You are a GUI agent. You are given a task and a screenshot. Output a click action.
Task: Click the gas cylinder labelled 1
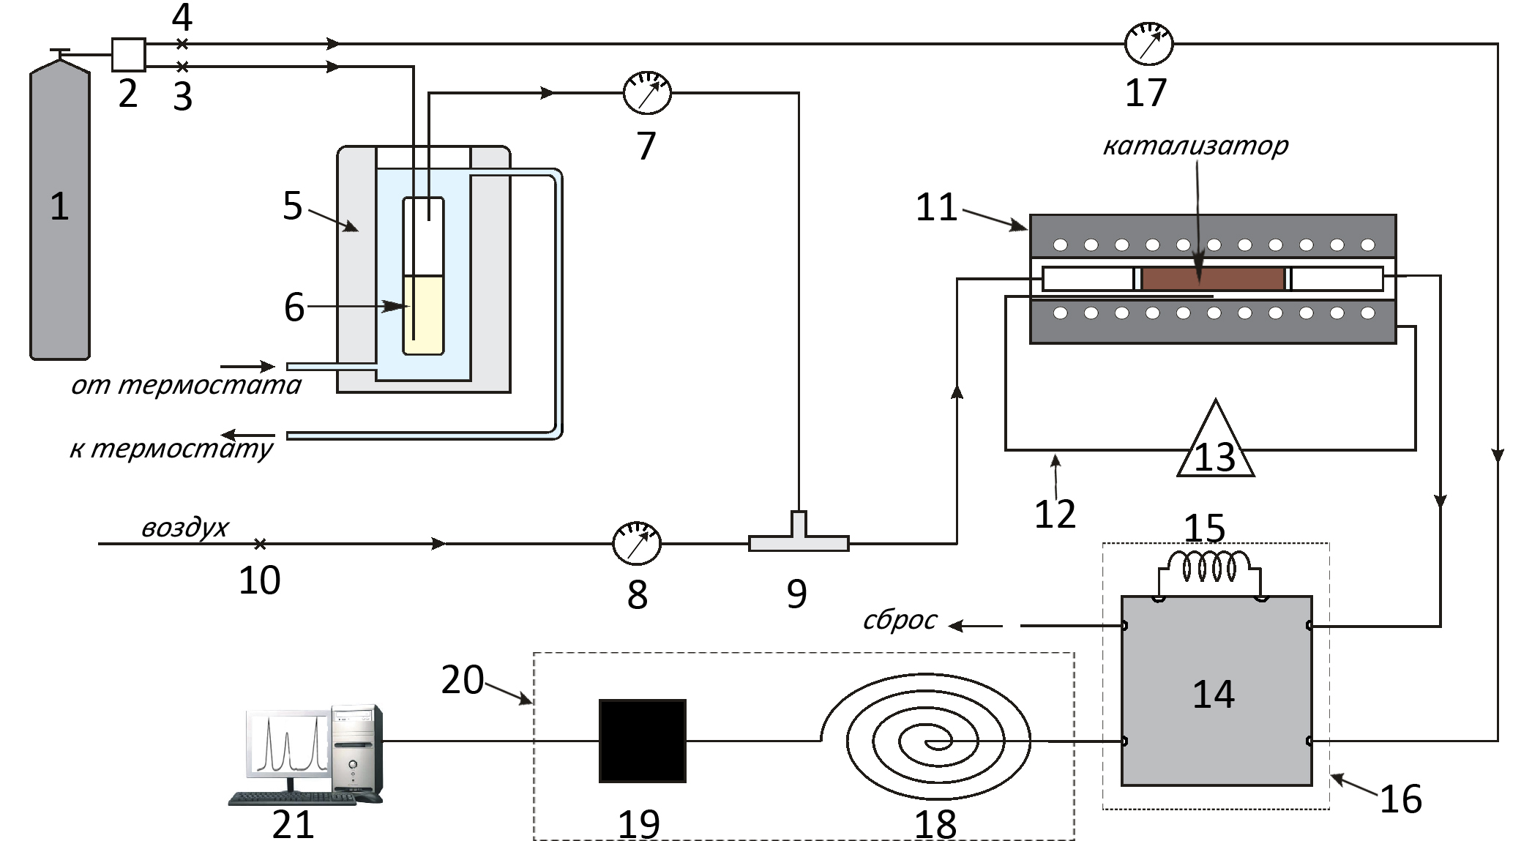pos(59,212)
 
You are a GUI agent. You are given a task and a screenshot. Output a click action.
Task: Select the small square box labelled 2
pos(128,54)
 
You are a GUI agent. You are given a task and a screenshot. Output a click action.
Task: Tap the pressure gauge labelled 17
pos(1148,44)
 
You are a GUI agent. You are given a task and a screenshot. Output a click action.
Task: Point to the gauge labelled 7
pos(647,93)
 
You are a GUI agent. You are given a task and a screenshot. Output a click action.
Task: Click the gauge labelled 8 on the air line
pos(636,543)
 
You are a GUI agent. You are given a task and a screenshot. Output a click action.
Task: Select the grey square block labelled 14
pos(1216,691)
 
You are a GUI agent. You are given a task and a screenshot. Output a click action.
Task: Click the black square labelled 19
pos(642,741)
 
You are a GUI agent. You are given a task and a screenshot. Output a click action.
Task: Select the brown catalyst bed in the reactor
pos(1212,279)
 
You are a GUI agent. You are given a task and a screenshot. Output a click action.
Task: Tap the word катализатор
pos(1195,146)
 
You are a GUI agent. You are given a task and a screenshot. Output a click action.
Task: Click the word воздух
pos(184,527)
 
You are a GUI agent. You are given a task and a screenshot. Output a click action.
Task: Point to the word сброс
pos(900,620)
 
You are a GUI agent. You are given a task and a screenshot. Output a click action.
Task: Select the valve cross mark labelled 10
pos(260,544)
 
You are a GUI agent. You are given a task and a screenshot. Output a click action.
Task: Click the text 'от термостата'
pos(186,384)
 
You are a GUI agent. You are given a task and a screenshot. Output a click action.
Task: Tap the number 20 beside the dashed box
pos(462,679)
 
